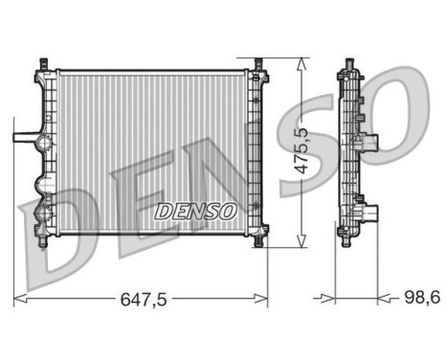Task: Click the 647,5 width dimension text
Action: coord(144,300)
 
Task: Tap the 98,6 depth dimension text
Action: coord(421,300)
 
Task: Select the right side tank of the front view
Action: coord(257,153)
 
